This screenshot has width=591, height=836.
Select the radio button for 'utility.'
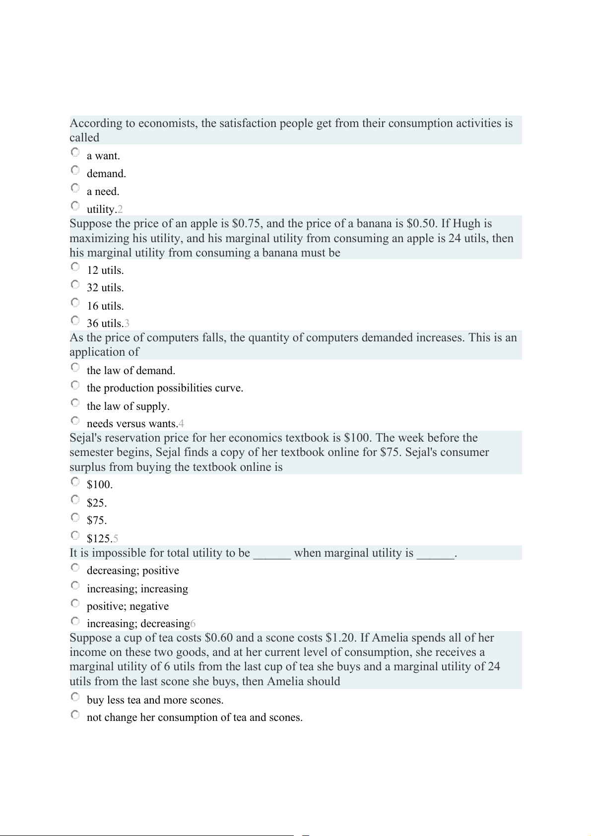[x=75, y=205]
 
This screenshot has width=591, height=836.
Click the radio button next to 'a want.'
[x=75, y=152]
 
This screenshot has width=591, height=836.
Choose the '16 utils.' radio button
[x=75, y=302]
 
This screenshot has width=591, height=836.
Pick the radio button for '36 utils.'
[x=75, y=320]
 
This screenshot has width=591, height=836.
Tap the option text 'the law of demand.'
[x=131, y=371]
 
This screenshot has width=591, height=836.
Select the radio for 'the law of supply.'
[x=75, y=402]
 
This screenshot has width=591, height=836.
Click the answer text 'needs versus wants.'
[x=132, y=424]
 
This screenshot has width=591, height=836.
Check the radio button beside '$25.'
[x=75, y=499]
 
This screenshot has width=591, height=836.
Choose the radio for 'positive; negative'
[x=75, y=603]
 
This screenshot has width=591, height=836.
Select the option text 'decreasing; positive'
[x=132, y=571]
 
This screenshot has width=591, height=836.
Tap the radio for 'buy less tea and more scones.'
[x=75, y=697]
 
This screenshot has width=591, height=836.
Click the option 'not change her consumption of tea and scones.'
[x=195, y=717]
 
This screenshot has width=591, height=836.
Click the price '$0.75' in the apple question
[x=246, y=224]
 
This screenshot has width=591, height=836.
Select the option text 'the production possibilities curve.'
[x=165, y=388]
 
